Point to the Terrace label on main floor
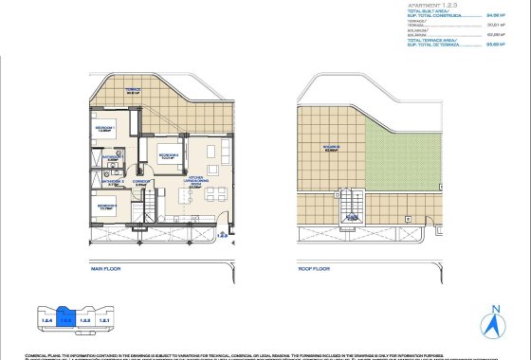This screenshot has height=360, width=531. pos(133,92)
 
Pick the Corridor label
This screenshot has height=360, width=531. pos(141,183)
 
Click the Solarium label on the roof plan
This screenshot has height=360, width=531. pos(331,148)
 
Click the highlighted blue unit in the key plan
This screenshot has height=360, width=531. pos(65,315)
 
